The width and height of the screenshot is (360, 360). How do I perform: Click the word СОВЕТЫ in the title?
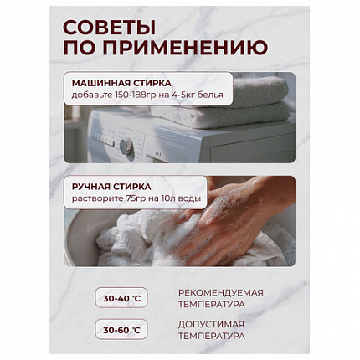(109, 28)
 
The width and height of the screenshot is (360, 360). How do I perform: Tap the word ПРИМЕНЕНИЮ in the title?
(185, 48)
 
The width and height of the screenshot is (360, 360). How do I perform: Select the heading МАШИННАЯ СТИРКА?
(121, 83)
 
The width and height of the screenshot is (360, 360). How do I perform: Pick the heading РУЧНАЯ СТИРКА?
(111, 187)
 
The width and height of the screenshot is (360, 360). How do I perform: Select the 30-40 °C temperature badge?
(121, 299)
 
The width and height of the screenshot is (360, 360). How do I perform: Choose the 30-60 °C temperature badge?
(121, 330)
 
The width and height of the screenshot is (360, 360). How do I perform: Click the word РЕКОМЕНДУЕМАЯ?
(221, 293)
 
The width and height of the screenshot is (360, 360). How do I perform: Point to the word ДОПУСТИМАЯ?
(211, 325)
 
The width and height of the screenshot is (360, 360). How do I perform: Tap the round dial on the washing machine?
(126, 146)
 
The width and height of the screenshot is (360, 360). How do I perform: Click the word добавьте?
(90, 95)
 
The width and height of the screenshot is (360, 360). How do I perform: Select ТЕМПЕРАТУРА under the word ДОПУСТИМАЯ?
(212, 336)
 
